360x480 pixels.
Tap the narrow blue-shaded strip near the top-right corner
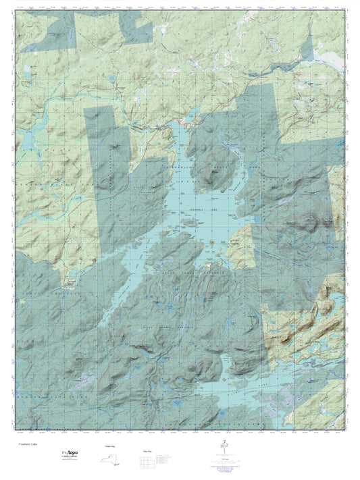click(307, 54)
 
